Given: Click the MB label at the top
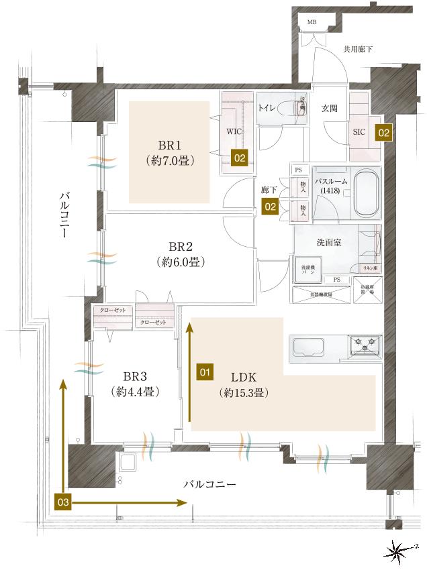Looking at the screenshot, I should coord(312,22).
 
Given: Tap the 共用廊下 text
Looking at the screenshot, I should coord(358,50).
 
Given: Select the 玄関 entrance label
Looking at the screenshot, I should coord(329,108).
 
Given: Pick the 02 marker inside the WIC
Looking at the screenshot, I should coord(240,158).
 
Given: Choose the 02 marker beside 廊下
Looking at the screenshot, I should coord(270,207).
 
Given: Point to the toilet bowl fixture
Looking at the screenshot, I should coord(296,107).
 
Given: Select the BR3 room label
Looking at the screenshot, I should coord(135,376).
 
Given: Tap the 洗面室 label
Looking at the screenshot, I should coord(328,242).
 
